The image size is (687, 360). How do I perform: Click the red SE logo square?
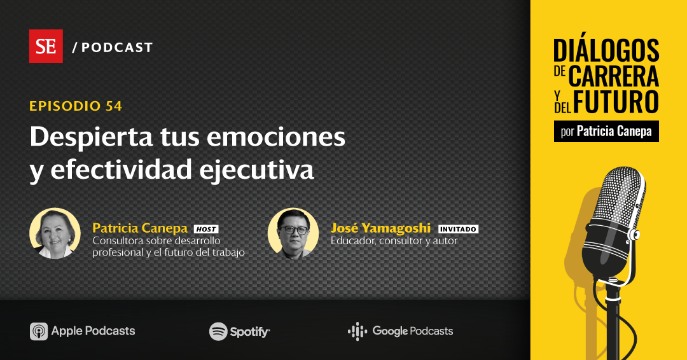pyautogui.click(x=46, y=46)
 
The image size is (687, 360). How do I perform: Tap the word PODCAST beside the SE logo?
pyautogui.click(x=117, y=48)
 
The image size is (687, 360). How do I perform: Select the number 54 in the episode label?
pyautogui.click(x=114, y=106)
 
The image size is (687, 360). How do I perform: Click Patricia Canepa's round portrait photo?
pyautogui.click(x=55, y=233)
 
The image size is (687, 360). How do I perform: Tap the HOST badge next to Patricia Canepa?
pyautogui.click(x=205, y=229)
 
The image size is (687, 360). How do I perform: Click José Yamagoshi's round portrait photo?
pyautogui.click(x=293, y=233)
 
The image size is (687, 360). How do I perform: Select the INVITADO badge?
pyautogui.click(x=458, y=229)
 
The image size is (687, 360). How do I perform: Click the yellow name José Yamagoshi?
pyautogui.click(x=380, y=228)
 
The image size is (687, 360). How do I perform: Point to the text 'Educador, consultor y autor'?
pyautogui.click(x=394, y=241)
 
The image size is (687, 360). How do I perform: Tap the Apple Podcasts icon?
pyautogui.click(x=39, y=331)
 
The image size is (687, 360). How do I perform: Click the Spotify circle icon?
pyautogui.click(x=218, y=331)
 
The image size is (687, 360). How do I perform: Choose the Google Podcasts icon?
pyautogui.click(x=357, y=331)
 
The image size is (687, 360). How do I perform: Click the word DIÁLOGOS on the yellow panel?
pyautogui.click(x=606, y=51)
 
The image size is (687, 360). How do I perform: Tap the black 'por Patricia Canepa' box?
pyautogui.click(x=606, y=132)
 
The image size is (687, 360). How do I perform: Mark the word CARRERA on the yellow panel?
pyautogui.click(x=613, y=76)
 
